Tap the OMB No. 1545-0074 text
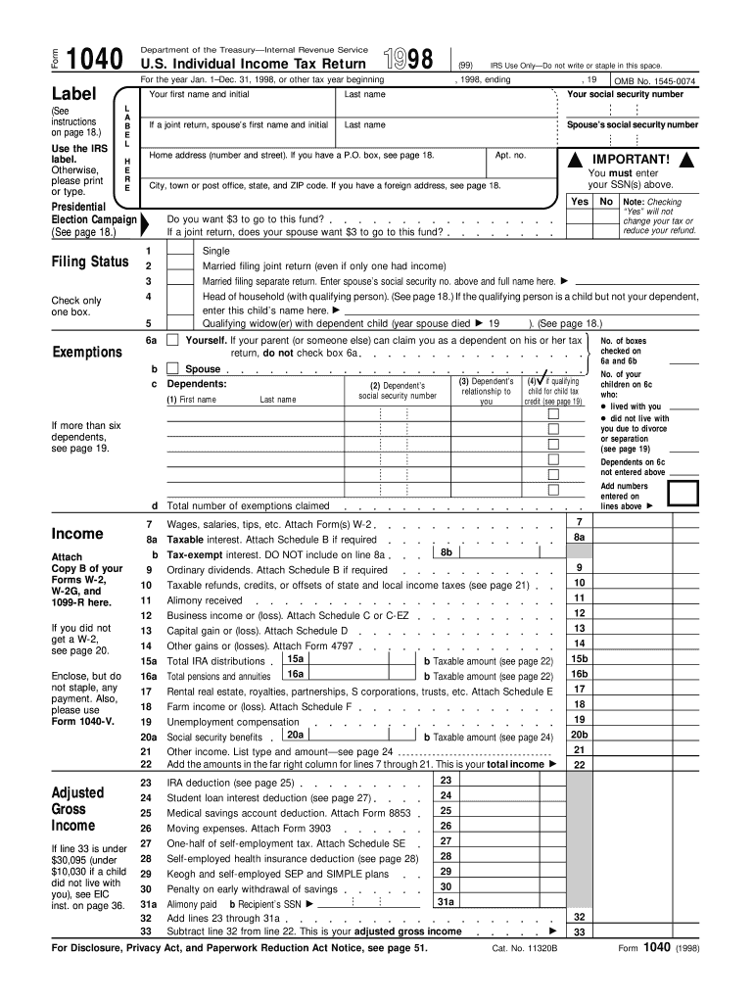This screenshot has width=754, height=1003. (655, 81)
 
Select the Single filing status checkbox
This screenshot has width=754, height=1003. (179, 251)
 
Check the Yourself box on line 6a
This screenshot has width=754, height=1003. (172, 340)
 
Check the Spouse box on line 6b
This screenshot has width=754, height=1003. (172, 369)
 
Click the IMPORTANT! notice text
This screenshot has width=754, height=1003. (630, 160)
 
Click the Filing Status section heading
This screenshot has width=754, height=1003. (89, 262)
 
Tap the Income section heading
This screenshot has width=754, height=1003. (77, 534)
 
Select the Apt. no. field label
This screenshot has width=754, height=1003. (510, 156)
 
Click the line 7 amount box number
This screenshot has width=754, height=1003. (579, 523)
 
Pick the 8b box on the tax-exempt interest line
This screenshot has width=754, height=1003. (446, 552)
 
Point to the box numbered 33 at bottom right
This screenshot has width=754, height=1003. (579, 932)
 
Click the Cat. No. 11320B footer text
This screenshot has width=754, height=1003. (524, 949)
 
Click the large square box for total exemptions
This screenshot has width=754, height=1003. (683, 495)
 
